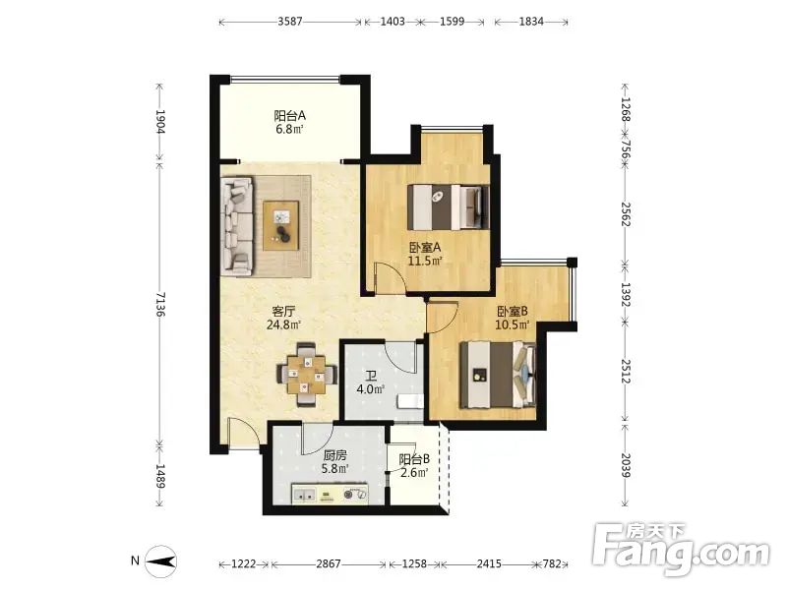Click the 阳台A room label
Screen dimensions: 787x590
[x=289, y=116]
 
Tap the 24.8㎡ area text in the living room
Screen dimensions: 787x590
[x=283, y=324]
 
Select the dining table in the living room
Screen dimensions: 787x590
[x=306, y=375]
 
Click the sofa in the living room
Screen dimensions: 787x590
[x=237, y=226]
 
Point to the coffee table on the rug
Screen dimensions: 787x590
[x=281, y=225]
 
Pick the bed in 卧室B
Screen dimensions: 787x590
[x=498, y=375]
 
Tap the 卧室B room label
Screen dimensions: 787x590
[x=513, y=312]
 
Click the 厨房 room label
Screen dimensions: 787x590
[x=334, y=455]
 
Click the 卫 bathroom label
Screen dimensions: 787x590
[x=371, y=376]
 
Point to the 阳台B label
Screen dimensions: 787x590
[x=414, y=459]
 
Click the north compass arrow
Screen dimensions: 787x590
[x=160, y=560]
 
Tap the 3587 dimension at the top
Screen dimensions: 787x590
[x=290, y=22]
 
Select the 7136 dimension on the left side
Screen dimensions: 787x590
[x=160, y=304]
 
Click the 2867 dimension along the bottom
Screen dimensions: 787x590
[x=329, y=563]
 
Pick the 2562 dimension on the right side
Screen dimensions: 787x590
[x=625, y=214]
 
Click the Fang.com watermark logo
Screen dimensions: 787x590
[x=681, y=550]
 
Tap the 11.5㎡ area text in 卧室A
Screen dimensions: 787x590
[x=425, y=261]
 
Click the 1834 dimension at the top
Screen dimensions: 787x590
[x=531, y=22]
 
